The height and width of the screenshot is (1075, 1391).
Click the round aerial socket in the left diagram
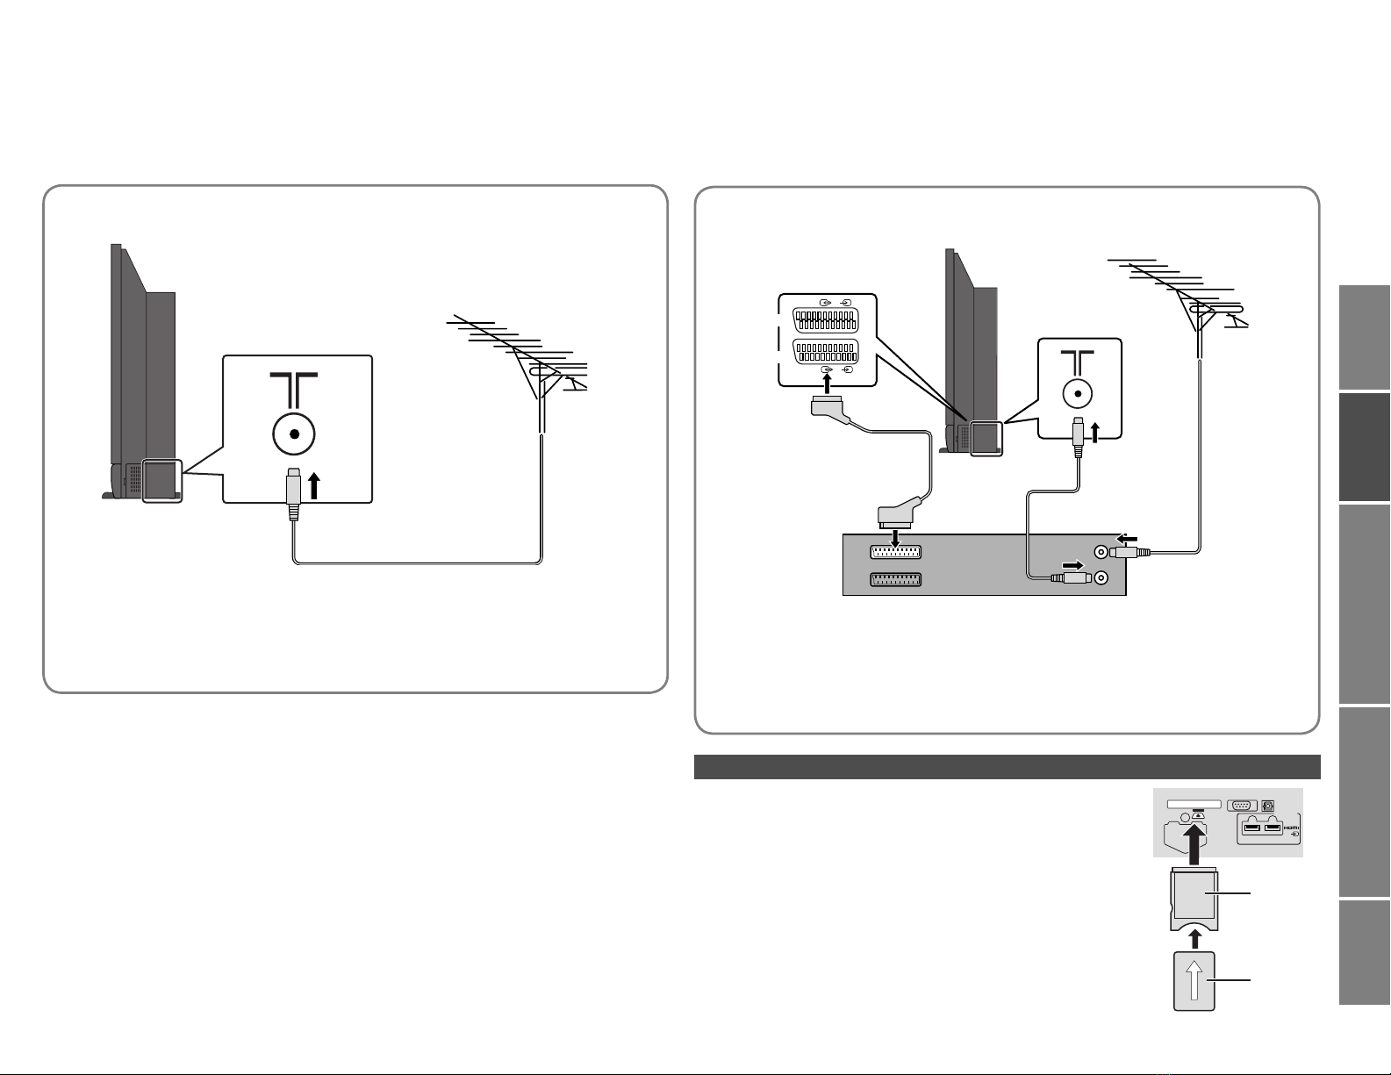coord(294,434)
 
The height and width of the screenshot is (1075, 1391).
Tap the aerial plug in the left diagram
coord(294,494)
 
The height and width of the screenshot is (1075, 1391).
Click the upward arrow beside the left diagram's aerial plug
coord(313,485)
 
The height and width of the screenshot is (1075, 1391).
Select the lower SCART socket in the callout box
coord(825,351)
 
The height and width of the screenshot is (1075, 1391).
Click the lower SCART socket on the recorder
coord(895,580)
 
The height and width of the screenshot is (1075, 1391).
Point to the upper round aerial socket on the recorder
coord(1101,552)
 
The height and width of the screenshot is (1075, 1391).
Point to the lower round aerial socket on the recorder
coord(1101,578)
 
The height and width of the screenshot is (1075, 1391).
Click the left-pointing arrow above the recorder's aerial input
coord(1127,539)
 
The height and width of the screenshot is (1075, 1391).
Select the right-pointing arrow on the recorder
coord(1073,565)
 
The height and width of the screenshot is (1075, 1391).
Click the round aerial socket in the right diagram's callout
coord(1078,393)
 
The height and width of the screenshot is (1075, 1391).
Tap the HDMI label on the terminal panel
coord(1291,828)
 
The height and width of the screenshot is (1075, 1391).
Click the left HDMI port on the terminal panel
coord(1251,828)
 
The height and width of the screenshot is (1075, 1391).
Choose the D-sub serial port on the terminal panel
coord(1241,806)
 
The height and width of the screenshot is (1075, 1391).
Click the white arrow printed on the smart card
coord(1194,981)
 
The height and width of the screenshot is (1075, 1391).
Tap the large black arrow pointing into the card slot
coord(1194,843)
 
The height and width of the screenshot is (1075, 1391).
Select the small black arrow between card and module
coord(1194,939)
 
